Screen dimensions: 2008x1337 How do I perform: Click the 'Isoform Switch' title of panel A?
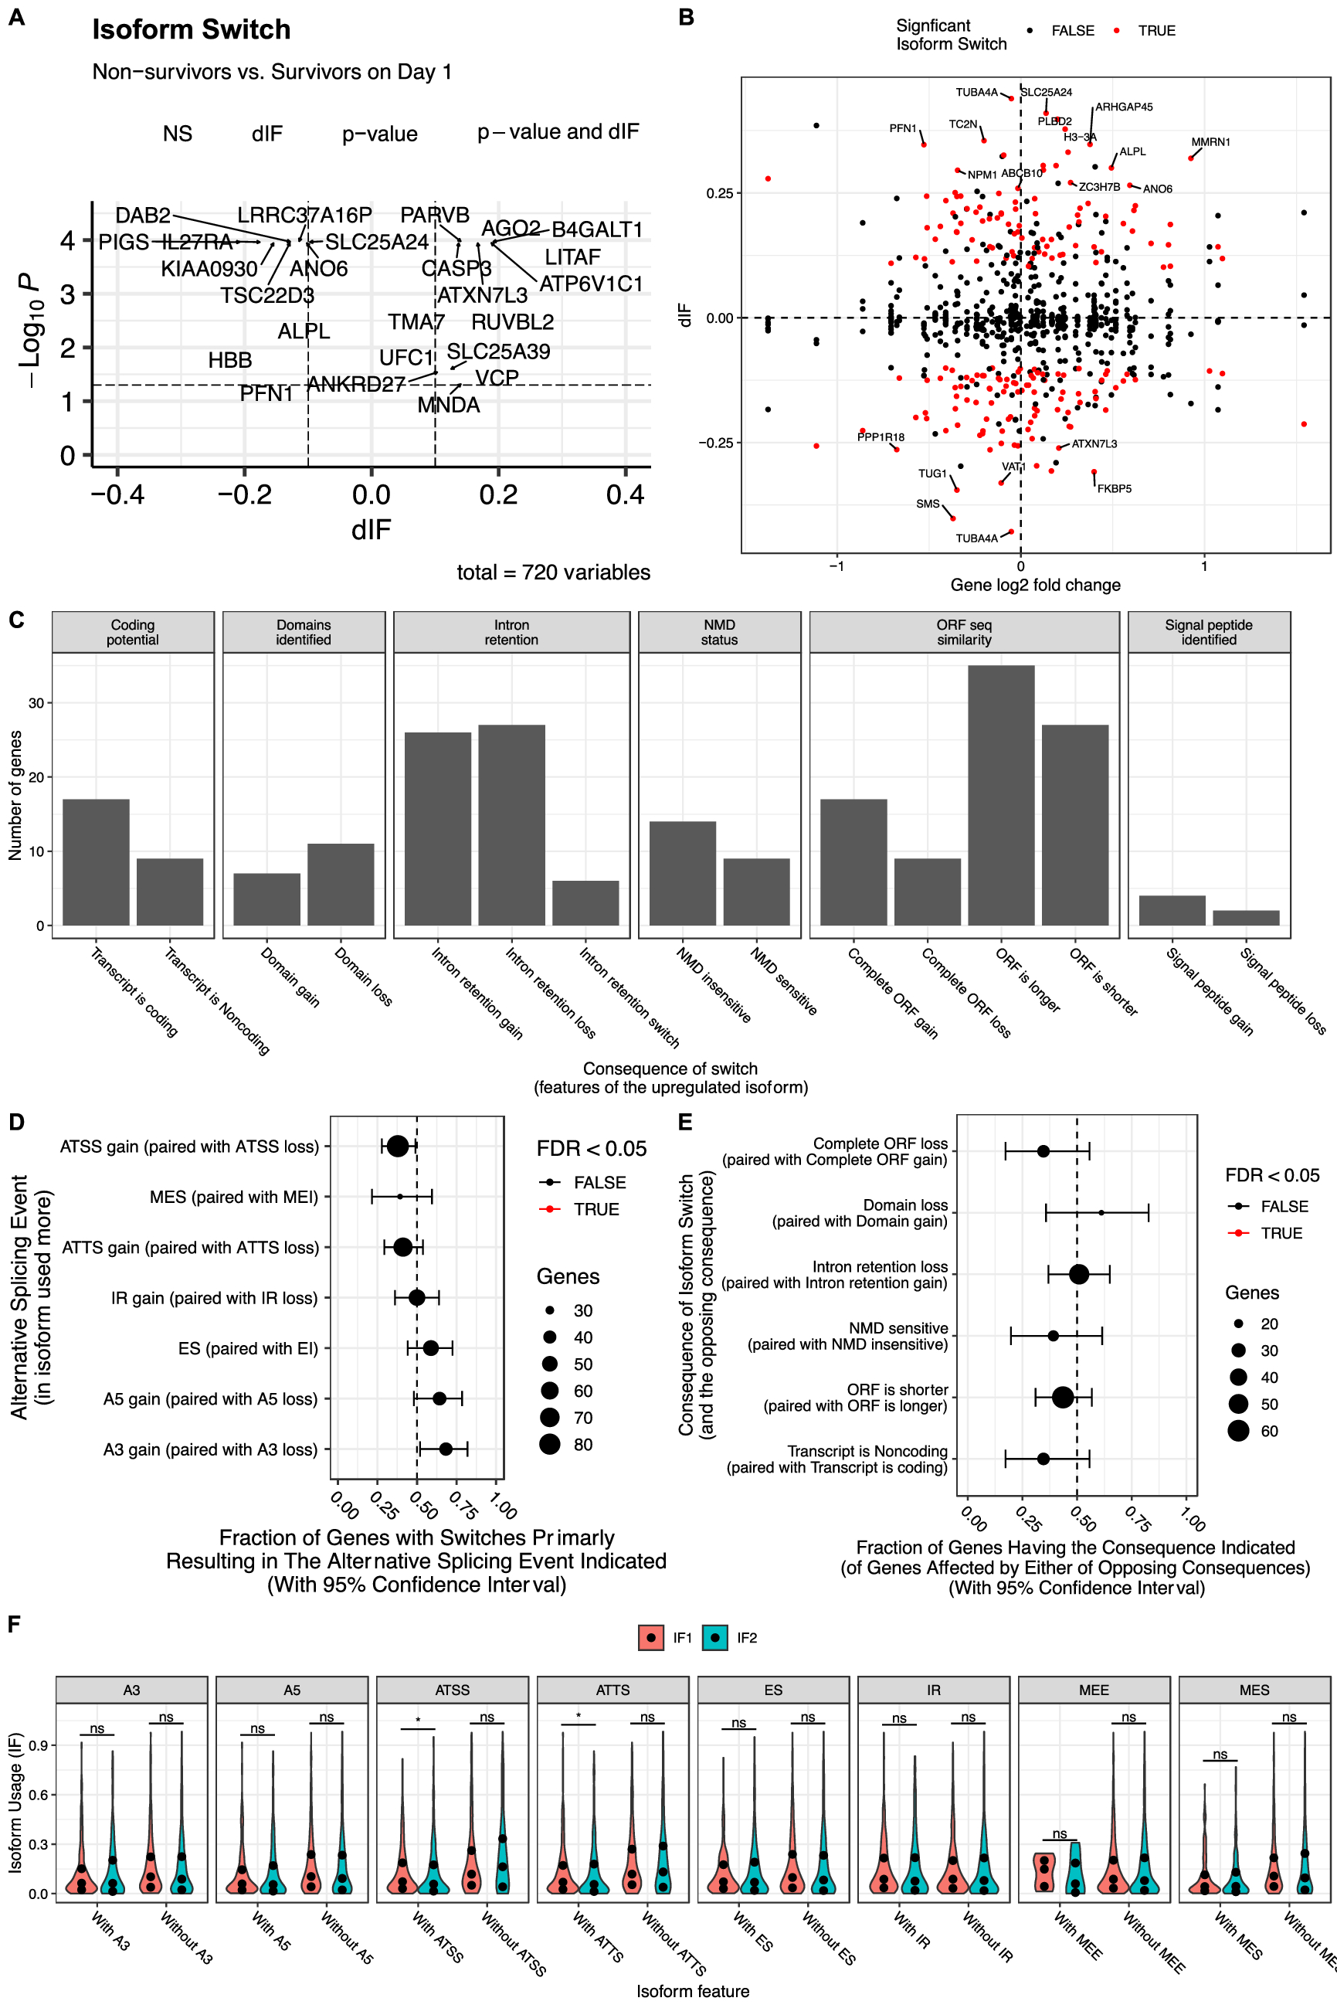coord(191,30)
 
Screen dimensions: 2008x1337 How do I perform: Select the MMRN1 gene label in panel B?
coord(1210,142)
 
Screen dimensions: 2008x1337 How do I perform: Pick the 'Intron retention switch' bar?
coord(585,902)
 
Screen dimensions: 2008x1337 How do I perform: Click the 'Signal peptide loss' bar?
coord(1246,917)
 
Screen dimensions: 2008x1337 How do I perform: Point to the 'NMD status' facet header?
coord(719,632)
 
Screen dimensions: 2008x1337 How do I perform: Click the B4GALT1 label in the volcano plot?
coord(597,229)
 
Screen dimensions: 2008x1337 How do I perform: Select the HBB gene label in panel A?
coord(229,360)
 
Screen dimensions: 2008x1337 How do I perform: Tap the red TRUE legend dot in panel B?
coord(1116,31)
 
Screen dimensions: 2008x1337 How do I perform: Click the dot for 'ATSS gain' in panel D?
coord(397,1146)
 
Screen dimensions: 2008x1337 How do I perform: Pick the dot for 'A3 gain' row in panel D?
coord(445,1449)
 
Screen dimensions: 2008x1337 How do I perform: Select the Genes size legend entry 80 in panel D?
coord(550,1443)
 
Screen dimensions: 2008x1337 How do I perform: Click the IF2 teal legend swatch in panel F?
coord(714,1637)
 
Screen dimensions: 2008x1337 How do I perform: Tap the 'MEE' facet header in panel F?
coord(1093,1689)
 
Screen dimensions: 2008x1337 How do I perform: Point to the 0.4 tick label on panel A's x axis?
coord(625,494)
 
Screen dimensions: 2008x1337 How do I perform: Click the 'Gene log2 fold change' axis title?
coord(1035,584)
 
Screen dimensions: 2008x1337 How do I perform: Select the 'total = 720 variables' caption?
coord(553,573)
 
